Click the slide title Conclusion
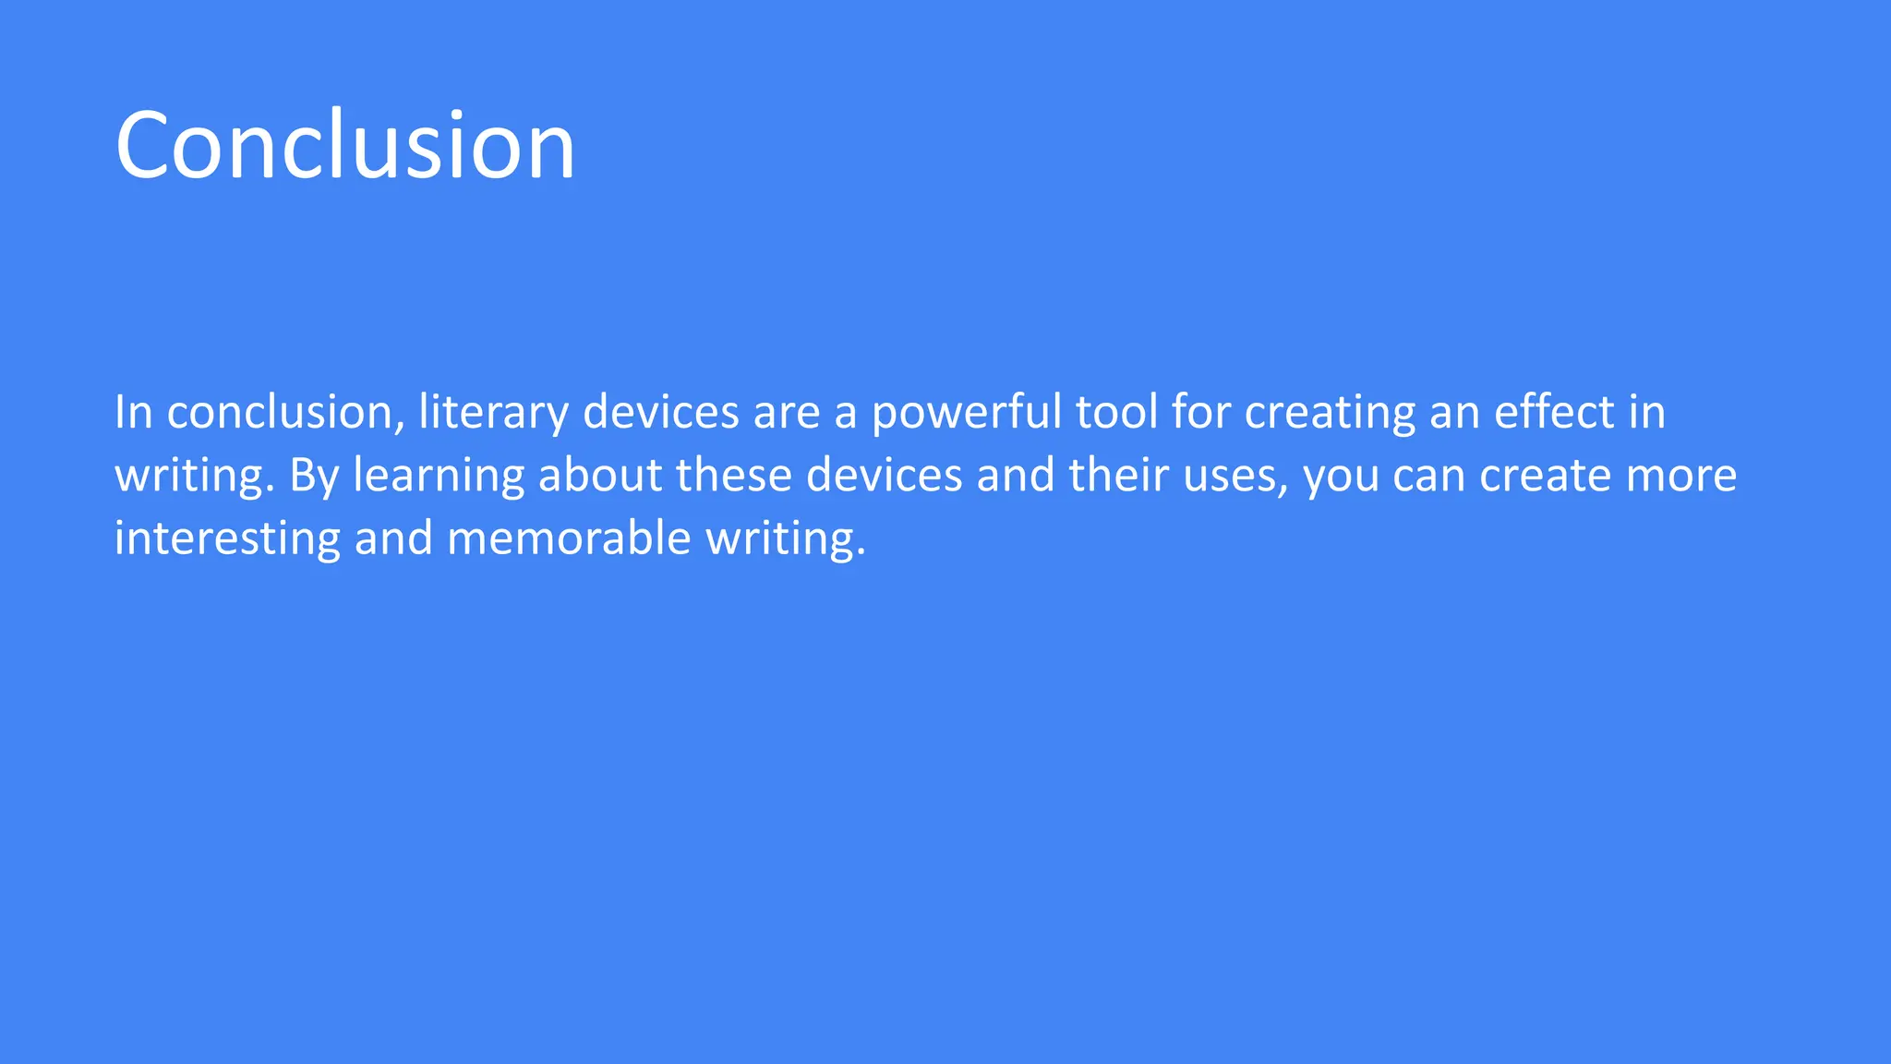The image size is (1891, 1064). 345,145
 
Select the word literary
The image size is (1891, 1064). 493,413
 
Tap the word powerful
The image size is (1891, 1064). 966,413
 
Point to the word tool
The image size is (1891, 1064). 1116,412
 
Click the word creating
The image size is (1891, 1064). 1330,413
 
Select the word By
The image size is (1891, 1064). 314,477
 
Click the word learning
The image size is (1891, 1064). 439,477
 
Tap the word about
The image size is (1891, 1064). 600,476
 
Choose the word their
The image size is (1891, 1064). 1118,476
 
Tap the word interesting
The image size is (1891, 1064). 227,538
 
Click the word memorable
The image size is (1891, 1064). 569,538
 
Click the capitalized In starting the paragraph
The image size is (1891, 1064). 133,412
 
